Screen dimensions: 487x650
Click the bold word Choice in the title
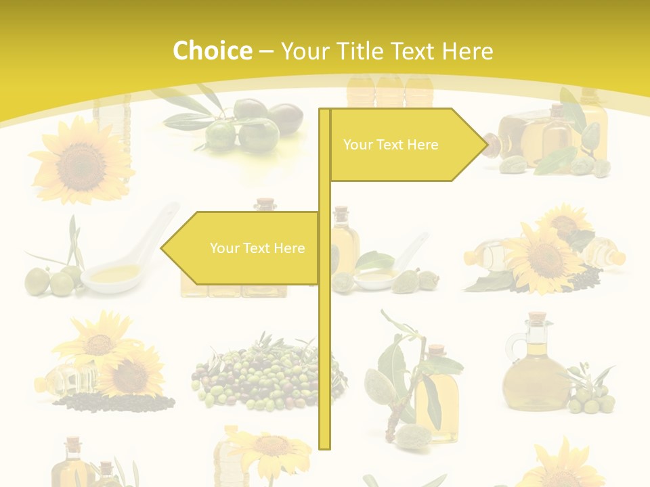[212, 51]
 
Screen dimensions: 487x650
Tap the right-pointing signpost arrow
[406, 145]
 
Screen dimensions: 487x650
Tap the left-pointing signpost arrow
[240, 248]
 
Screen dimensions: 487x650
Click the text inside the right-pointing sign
[391, 145]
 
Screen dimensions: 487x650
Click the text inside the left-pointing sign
[257, 248]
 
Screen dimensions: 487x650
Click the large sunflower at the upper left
[80, 162]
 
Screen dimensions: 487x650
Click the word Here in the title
[467, 51]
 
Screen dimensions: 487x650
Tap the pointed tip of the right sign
[485, 145]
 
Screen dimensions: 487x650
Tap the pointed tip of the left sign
[162, 248]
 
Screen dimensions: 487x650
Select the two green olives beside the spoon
[51, 281]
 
